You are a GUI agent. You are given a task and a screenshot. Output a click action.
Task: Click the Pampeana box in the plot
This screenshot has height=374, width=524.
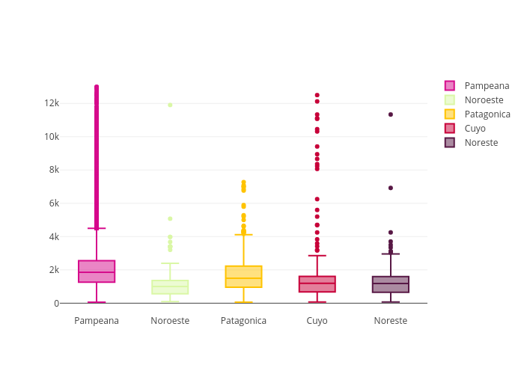click(97, 272)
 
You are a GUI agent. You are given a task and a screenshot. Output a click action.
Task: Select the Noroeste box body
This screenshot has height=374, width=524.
click(170, 287)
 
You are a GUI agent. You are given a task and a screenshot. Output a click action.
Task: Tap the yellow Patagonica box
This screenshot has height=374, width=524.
click(243, 277)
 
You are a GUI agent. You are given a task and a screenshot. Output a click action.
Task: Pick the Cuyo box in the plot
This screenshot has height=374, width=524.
click(317, 284)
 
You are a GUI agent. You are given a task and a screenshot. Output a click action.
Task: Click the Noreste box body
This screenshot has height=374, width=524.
click(391, 284)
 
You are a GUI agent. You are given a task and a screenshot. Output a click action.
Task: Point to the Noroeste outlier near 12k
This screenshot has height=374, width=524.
click(170, 105)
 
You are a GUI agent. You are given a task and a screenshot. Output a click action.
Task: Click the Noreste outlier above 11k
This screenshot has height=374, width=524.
click(391, 114)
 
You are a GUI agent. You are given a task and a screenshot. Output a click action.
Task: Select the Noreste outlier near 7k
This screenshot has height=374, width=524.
click(391, 188)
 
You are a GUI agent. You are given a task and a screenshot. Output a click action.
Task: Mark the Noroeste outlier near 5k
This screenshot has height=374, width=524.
click(170, 218)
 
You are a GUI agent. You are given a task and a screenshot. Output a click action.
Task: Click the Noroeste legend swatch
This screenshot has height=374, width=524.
click(449, 100)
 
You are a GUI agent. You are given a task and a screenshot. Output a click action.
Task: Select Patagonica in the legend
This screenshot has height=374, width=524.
click(487, 114)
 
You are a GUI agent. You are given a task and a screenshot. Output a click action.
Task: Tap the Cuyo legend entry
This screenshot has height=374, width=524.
click(475, 129)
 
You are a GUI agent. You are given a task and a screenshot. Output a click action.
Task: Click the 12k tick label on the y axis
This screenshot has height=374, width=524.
click(51, 103)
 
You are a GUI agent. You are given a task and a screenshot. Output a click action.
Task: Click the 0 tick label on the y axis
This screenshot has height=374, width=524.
click(56, 304)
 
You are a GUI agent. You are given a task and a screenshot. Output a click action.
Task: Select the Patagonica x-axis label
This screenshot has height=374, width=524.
click(243, 321)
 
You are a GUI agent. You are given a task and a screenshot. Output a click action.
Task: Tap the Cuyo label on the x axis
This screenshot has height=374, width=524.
click(317, 321)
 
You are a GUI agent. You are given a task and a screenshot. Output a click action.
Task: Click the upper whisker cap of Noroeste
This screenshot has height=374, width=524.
click(170, 263)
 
